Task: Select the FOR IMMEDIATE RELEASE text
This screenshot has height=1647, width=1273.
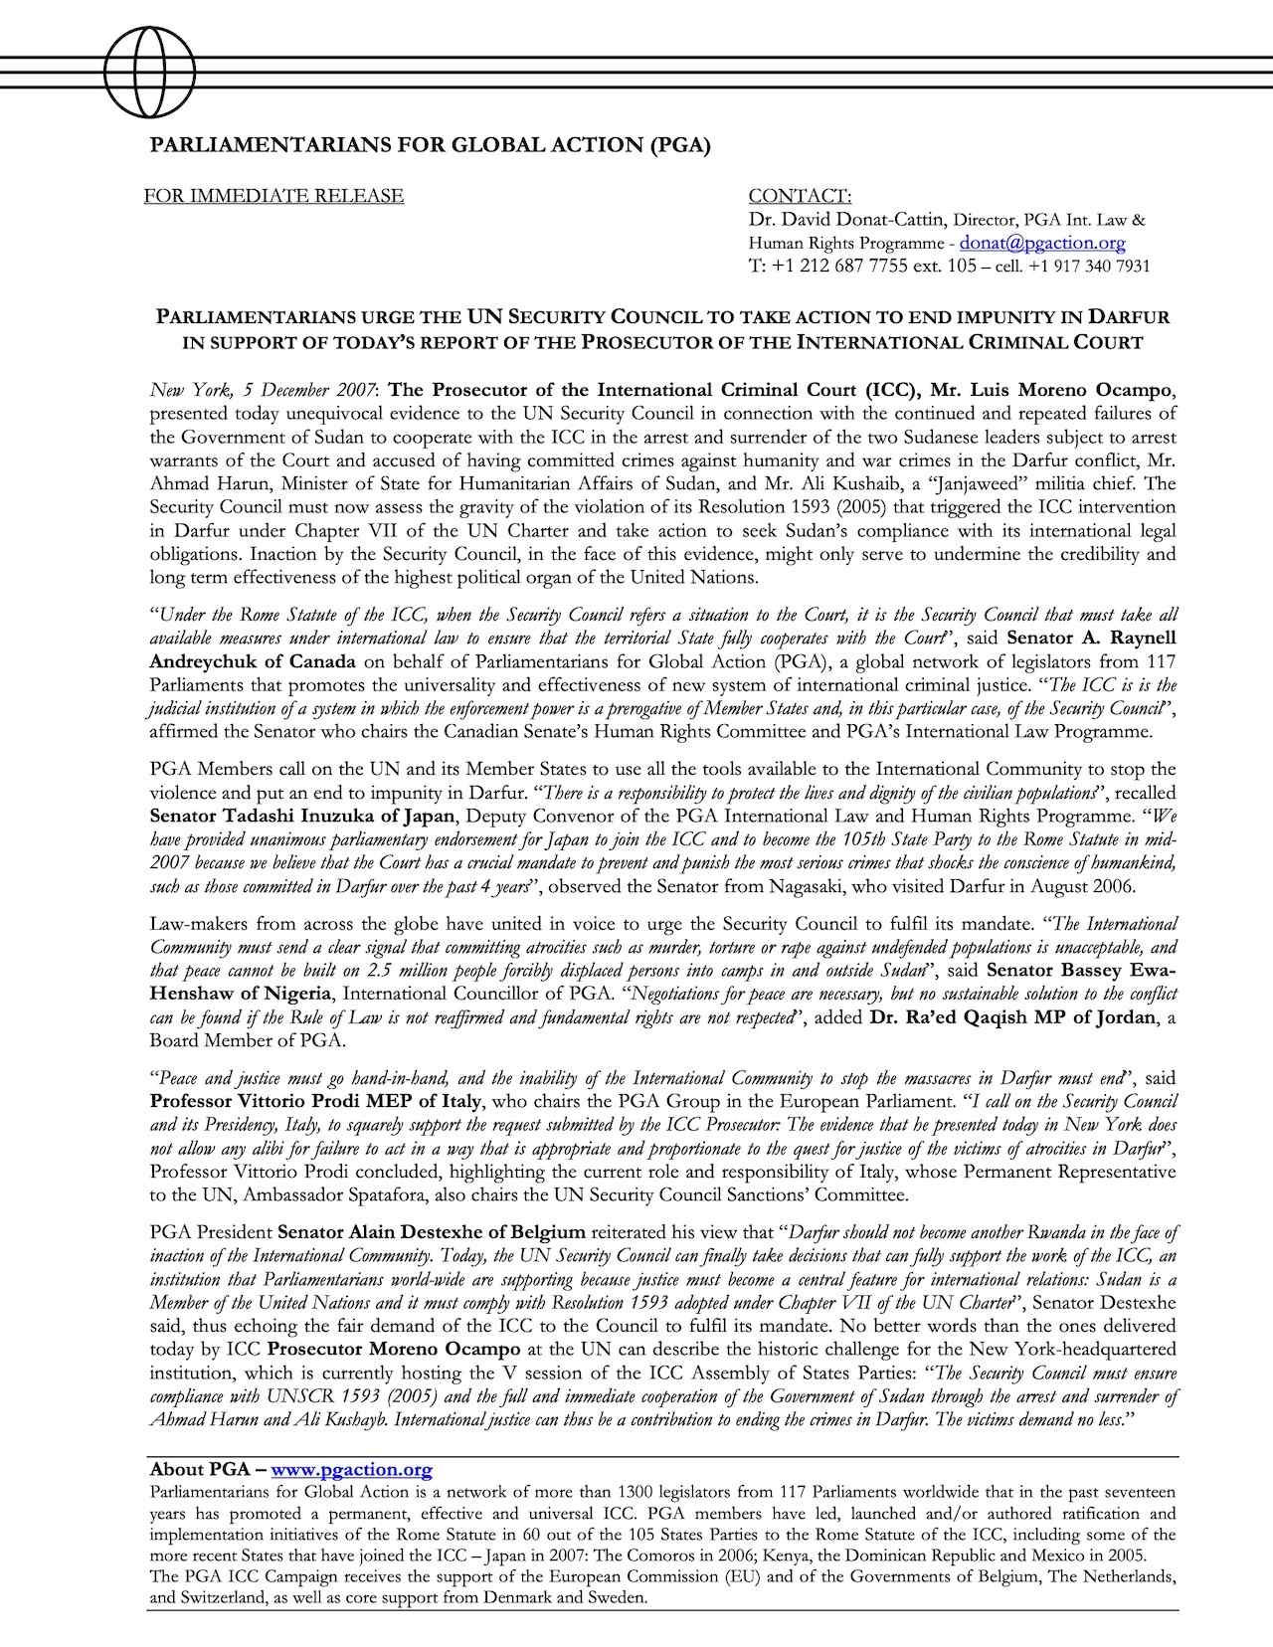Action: click(273, 196)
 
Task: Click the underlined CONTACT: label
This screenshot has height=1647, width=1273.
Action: click(800, 196)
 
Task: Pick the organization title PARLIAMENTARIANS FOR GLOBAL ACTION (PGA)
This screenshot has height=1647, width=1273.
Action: click(430, 145)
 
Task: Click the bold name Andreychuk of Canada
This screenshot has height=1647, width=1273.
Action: click(253, 662)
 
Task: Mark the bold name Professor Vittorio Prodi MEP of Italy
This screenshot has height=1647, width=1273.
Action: click(315, 1102)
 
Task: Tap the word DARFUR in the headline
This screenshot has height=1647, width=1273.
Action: click(1127, 318)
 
